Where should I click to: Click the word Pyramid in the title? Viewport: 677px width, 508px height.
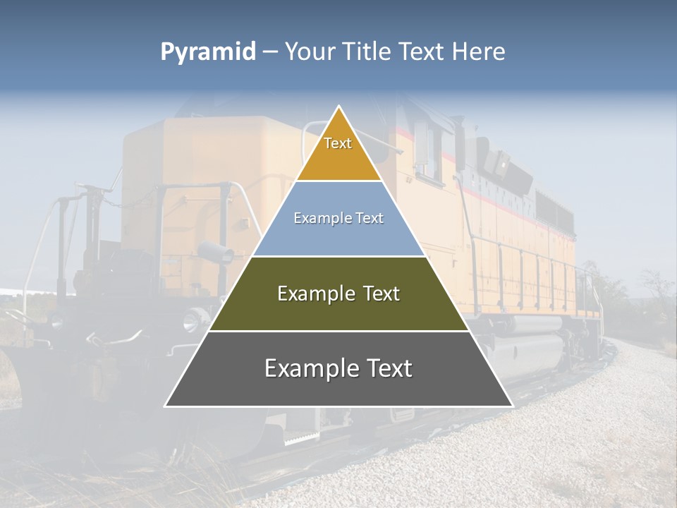pos(208,52)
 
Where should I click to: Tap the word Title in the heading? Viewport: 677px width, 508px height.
pos(367,52)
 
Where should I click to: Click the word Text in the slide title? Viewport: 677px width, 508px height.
pos(424,52)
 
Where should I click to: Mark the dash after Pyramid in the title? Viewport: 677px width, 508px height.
pos(269,52)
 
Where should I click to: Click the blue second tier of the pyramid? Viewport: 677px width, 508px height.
pos(338,236)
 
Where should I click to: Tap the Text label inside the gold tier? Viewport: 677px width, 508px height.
pos(338,143)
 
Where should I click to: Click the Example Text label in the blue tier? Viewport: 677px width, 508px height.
pos(338,218)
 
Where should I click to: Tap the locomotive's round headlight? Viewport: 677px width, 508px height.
pos(191,321)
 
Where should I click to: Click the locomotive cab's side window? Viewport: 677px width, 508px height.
pos(423,148)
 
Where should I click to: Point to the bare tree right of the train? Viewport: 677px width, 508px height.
pos(656,289)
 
